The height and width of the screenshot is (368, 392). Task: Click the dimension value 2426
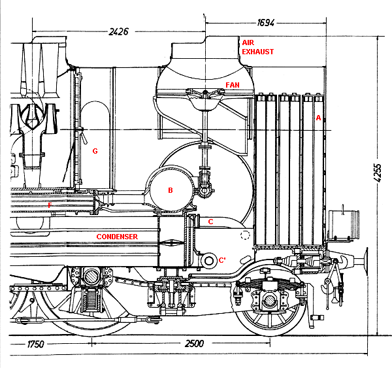coord(118,31)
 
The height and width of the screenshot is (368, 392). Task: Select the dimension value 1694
coord(266,22)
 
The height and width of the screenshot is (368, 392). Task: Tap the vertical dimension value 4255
coord(380,175)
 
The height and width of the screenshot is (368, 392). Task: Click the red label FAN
coord(232,85)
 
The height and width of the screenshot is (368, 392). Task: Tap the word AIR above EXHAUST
coord(248,41)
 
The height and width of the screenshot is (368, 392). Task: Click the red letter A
coord(318,118)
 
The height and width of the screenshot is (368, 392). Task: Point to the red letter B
coord(171,191)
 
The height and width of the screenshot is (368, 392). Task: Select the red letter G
coord(95,151)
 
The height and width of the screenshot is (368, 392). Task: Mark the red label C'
coord(223,260)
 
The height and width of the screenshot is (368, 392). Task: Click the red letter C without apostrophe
coord(210,222)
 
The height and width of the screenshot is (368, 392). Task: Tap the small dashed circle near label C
coord(245,236)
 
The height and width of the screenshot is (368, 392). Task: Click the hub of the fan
coord(205,93)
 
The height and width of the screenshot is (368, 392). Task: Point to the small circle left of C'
coord(210,261)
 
